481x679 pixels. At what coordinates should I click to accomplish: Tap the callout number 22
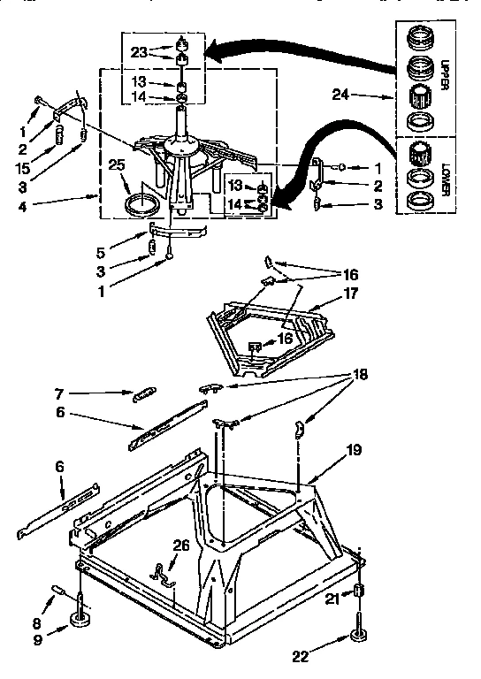point(301,655)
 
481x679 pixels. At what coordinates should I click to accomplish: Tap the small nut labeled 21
point(359,591)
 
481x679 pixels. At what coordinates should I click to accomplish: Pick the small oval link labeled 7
point(146,393)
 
